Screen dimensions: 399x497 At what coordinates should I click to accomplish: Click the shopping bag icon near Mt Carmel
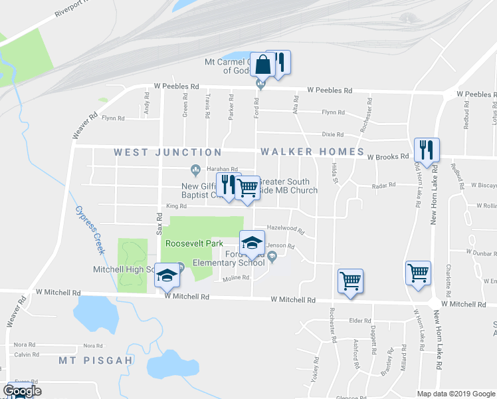click(263, 66)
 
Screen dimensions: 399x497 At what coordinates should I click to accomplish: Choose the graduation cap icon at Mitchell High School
click(167, 275)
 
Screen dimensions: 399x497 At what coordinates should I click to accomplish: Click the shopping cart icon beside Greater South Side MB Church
click(248, 189)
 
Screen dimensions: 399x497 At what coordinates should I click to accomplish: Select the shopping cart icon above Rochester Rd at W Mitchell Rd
click(350, 280)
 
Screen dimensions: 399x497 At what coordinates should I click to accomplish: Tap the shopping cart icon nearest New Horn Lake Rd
click(418, 273)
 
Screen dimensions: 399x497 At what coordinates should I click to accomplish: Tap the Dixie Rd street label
click(332, 134)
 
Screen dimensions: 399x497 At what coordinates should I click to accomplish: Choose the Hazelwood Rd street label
click(285, 229)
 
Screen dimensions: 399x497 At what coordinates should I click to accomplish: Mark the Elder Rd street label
click(359, 321)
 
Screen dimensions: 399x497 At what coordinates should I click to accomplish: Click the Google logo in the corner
click(22, 391)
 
